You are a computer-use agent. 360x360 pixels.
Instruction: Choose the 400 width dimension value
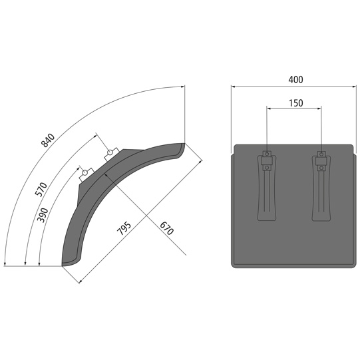[295, 79]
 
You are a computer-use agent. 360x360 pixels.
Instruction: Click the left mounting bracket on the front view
[266, 188]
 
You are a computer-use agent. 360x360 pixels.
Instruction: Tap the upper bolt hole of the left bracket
[267, 156]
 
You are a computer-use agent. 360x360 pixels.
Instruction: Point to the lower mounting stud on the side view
[85, 174]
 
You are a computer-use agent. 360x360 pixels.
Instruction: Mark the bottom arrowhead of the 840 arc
[5, 264]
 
